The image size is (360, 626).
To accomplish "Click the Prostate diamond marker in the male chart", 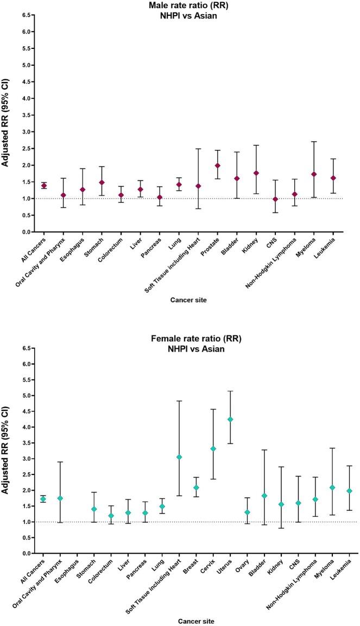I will point(217,166).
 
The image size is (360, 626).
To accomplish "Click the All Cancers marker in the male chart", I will point(43,186).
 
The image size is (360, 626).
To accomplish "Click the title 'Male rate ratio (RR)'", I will point(179,5).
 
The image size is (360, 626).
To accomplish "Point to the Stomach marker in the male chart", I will point(102,183).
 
